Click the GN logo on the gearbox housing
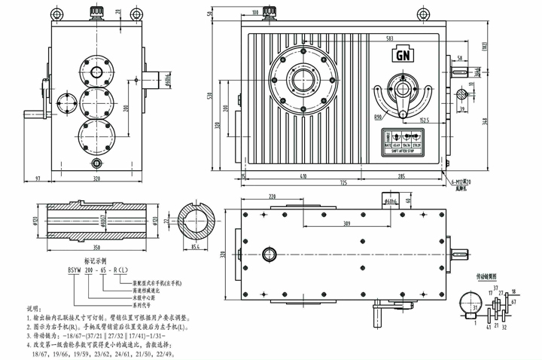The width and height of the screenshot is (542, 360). click(x=402, y=54)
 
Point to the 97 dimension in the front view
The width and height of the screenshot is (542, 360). click(x=37, y=178)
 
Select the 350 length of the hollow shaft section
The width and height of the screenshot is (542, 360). click(x=96, y=246)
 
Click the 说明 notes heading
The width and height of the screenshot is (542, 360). click(x=35, y=309)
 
